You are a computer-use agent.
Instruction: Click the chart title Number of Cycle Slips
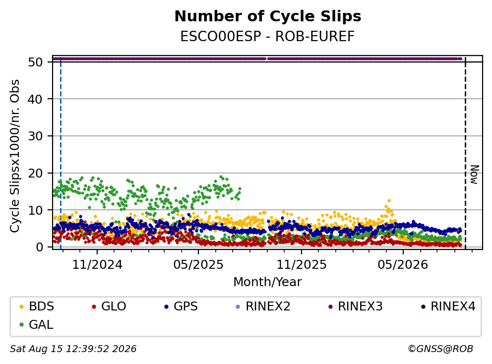coord(268,16)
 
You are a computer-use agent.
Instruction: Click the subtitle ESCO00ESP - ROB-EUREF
coord(267,36)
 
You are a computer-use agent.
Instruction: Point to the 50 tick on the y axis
coord(35,62)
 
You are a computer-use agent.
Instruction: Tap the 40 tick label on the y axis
coord(35,99)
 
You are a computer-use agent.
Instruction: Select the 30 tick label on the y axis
coord(35,136)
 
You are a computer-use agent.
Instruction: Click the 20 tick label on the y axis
coord(35,173)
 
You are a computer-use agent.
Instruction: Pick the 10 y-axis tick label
coord(35,210)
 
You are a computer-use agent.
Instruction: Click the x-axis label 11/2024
coord(97,265)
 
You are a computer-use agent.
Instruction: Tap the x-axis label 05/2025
coord(198,265)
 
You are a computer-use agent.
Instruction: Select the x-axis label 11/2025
coord(301,265)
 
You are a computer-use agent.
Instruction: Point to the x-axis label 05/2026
coord(403,265)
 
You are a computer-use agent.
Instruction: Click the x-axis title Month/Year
coord(267,282)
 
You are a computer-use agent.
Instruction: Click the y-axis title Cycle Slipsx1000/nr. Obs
coord(14,156)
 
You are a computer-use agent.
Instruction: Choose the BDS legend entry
coord(37,306)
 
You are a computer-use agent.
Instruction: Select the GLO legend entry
coord(109,306)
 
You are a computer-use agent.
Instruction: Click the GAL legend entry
coord(36,324)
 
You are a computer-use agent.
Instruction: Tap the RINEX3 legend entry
coord(355,306)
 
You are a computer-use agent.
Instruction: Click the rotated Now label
coord(475,175)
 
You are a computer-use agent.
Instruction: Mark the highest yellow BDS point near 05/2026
coord(389,200)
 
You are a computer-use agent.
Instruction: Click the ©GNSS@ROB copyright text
coord(440,349)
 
